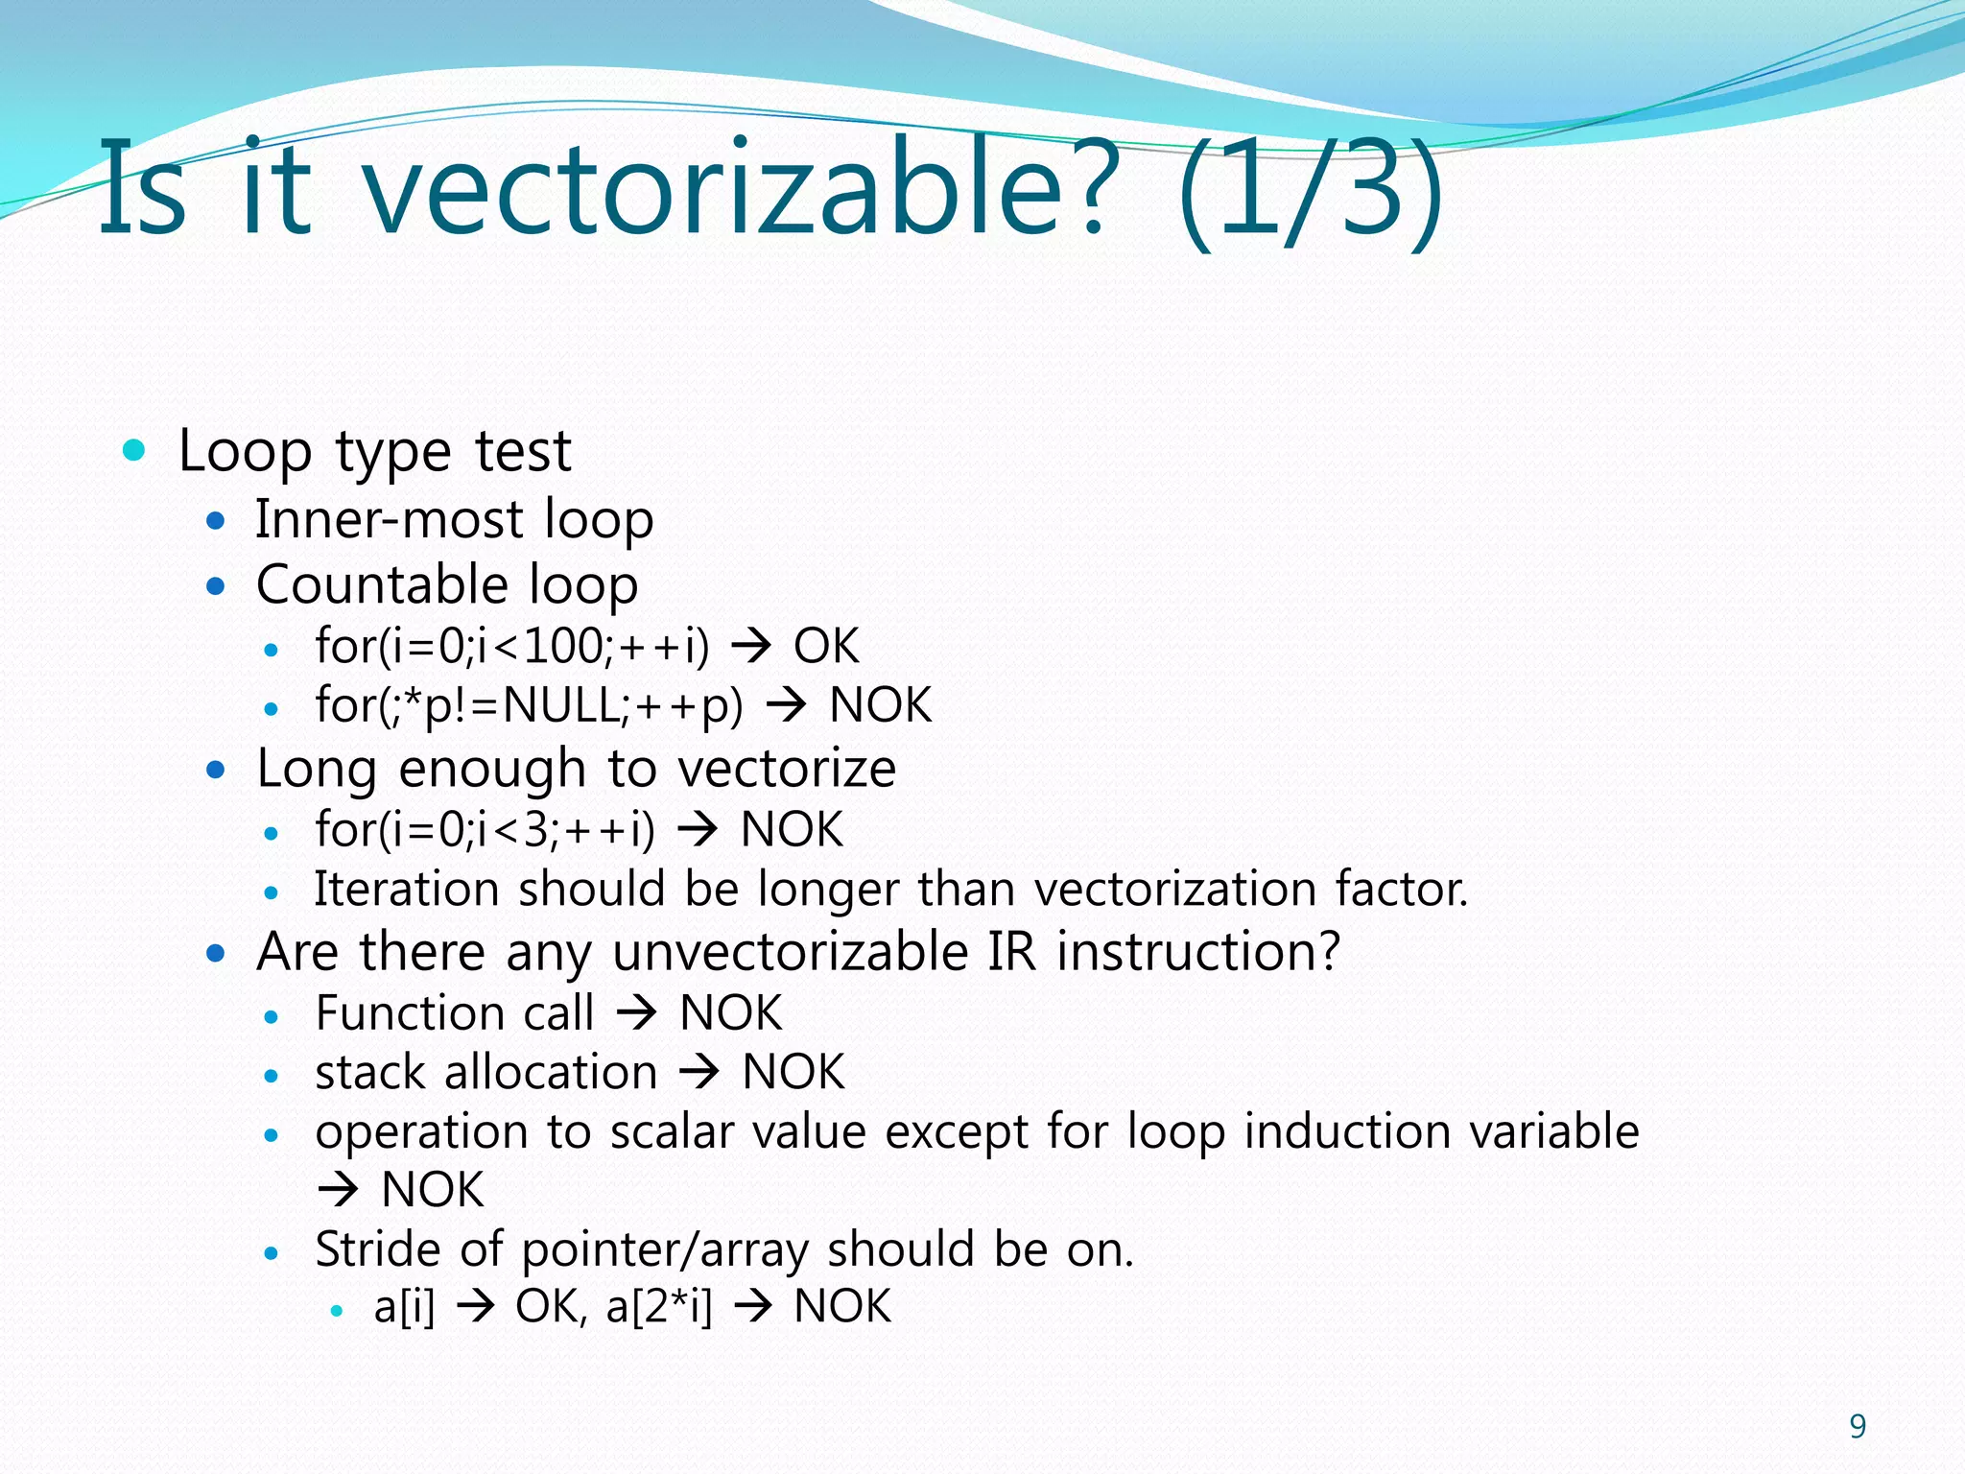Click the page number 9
[x=1858, y=1427]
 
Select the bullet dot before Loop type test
[x=134, y=450]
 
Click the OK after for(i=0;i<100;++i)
[x=826, y=646]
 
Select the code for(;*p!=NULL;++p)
[x=530, y=706]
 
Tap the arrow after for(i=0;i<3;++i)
[x=698, y=830]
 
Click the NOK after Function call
[x=730, y=1013]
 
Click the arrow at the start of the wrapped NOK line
[x=338, y=1191]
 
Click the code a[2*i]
[x=659, y=1307]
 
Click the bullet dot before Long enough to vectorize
[x=216, y=769]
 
